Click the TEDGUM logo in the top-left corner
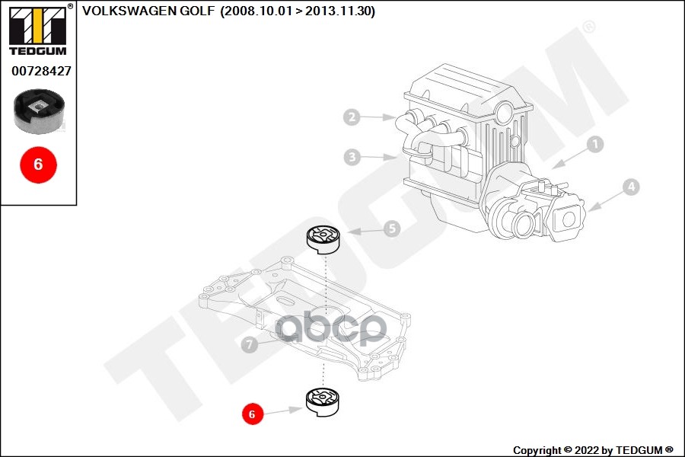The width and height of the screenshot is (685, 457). [37, 30]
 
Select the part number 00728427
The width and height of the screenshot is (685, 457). [41, 71]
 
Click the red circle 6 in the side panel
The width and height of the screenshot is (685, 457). [38, 163]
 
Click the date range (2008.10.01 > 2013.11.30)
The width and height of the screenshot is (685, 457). [297, 11]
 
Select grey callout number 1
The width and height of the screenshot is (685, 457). [594, 143]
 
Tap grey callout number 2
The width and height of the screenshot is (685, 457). [351, 117]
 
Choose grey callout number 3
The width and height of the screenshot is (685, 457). [351, 158]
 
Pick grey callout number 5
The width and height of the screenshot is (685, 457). [391, 228]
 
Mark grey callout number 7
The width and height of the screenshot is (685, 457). [249, 345]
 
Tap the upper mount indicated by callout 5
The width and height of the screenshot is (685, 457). [323, 239]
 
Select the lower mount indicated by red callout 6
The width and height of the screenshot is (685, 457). [323, 401]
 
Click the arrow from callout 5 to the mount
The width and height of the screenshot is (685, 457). [363, 231]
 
